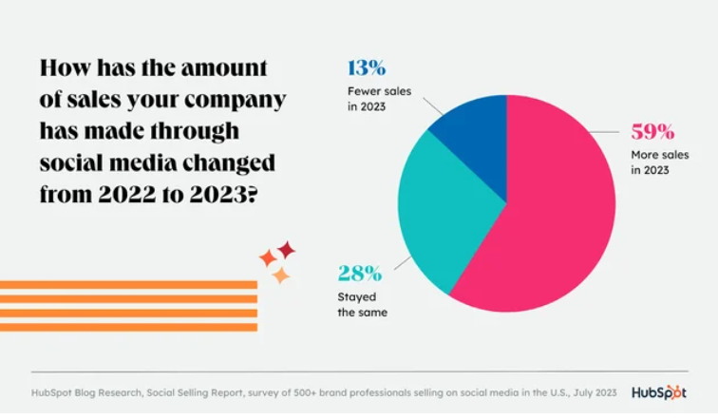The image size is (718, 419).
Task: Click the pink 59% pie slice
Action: pyautogui.click(x=550, y=206)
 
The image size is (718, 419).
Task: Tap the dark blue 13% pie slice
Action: pyautogui.click(x=476, y=138)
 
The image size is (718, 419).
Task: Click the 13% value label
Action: pyautogui.click(x=367, y=68)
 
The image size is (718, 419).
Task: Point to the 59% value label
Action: pyautogui.click(x=652, y=132)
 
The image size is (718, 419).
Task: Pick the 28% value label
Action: pyautogui.click(x=359, y=274)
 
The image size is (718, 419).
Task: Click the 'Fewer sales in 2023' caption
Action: pyautogui.click(x=379, y=99)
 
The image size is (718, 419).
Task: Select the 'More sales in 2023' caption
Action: pyautogui.click(x=660, y=162)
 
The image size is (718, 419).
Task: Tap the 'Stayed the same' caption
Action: pyautogui.click(x=362, y=305)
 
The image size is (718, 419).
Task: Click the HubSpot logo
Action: pyautogui.click(x=659, y=393)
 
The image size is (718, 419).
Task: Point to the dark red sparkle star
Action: pyautogui.click(x=286, y=250)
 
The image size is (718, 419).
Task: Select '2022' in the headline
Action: pyautogui.click(x=127, y=195)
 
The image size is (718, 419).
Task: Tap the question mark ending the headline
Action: pyautogui.click(x=253, y=195)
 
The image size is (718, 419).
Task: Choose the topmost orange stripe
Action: pyautogui.click(x=128, y=285)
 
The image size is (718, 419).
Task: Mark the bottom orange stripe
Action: pyautogui.click(x=128, y=328)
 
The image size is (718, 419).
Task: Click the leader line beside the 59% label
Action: pyautogui.click(x=604, y=132)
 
